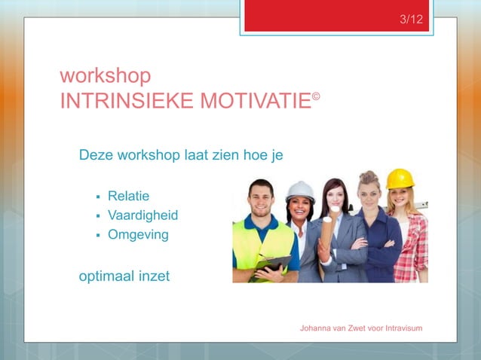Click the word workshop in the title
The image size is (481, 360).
105,76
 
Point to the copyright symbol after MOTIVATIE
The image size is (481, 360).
317,96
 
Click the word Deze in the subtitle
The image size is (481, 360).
96,156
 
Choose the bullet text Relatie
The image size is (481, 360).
128,196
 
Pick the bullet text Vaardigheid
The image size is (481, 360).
142,215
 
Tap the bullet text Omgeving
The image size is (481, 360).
138,235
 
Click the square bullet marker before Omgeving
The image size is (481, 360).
98,236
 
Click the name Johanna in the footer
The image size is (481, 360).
317,328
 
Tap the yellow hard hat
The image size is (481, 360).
400,178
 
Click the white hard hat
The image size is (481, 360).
300,190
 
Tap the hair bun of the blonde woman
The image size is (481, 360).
369,175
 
